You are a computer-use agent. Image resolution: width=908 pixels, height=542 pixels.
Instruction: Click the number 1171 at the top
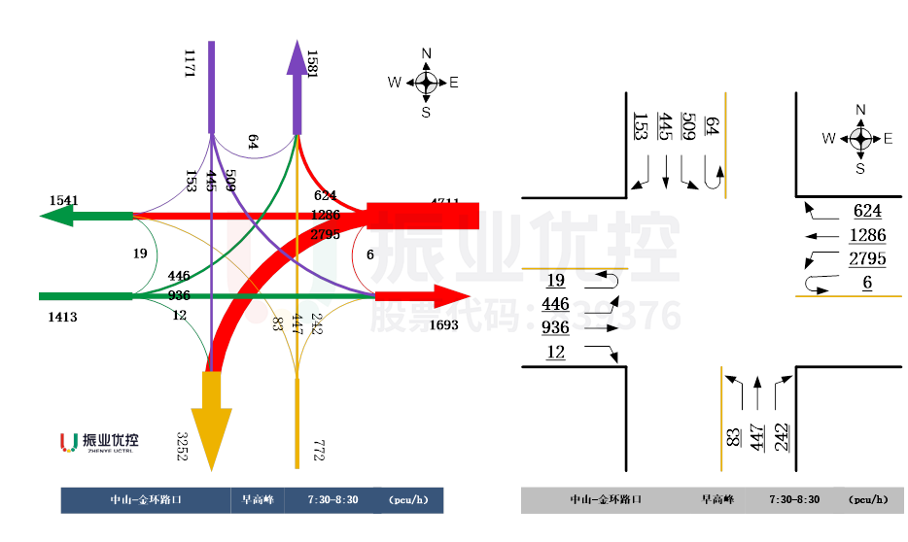190,64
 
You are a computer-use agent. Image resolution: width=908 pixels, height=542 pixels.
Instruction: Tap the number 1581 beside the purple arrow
312,64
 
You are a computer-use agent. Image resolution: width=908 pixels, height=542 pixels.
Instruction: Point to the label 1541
64,200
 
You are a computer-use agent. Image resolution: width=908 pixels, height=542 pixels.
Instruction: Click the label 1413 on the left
62,317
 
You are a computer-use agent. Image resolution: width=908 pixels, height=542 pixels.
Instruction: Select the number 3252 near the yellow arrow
182,447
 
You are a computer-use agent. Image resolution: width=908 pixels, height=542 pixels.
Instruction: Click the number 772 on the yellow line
318,450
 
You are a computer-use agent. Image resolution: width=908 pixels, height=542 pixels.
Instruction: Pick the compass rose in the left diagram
426,83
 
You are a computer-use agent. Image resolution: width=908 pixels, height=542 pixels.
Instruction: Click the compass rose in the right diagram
860,139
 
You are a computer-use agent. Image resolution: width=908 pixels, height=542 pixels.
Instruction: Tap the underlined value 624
867,211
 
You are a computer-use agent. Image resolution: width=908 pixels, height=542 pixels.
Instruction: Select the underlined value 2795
867,259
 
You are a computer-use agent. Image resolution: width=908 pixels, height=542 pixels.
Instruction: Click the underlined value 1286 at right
867,235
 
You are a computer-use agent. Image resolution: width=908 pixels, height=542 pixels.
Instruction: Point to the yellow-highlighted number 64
712,125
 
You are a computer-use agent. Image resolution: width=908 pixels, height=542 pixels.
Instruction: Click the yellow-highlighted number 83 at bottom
732,429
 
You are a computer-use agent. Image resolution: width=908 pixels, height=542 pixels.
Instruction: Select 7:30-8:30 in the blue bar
332,500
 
